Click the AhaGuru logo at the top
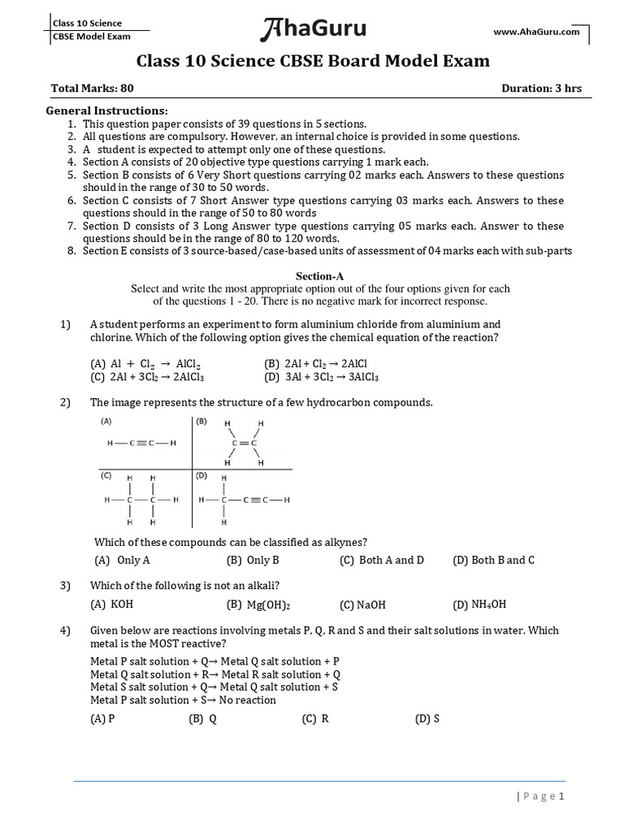pos(313,30)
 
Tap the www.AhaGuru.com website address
pos(536,32)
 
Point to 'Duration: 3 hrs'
pos(541,89)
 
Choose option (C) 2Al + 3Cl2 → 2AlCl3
pos(147,377)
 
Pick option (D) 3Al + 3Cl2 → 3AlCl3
pos(322,377)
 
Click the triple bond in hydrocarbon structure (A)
pos(141,444)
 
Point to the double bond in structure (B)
pos(244,443)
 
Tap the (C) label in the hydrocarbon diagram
pos(106,475)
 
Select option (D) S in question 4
pos(427,719)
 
